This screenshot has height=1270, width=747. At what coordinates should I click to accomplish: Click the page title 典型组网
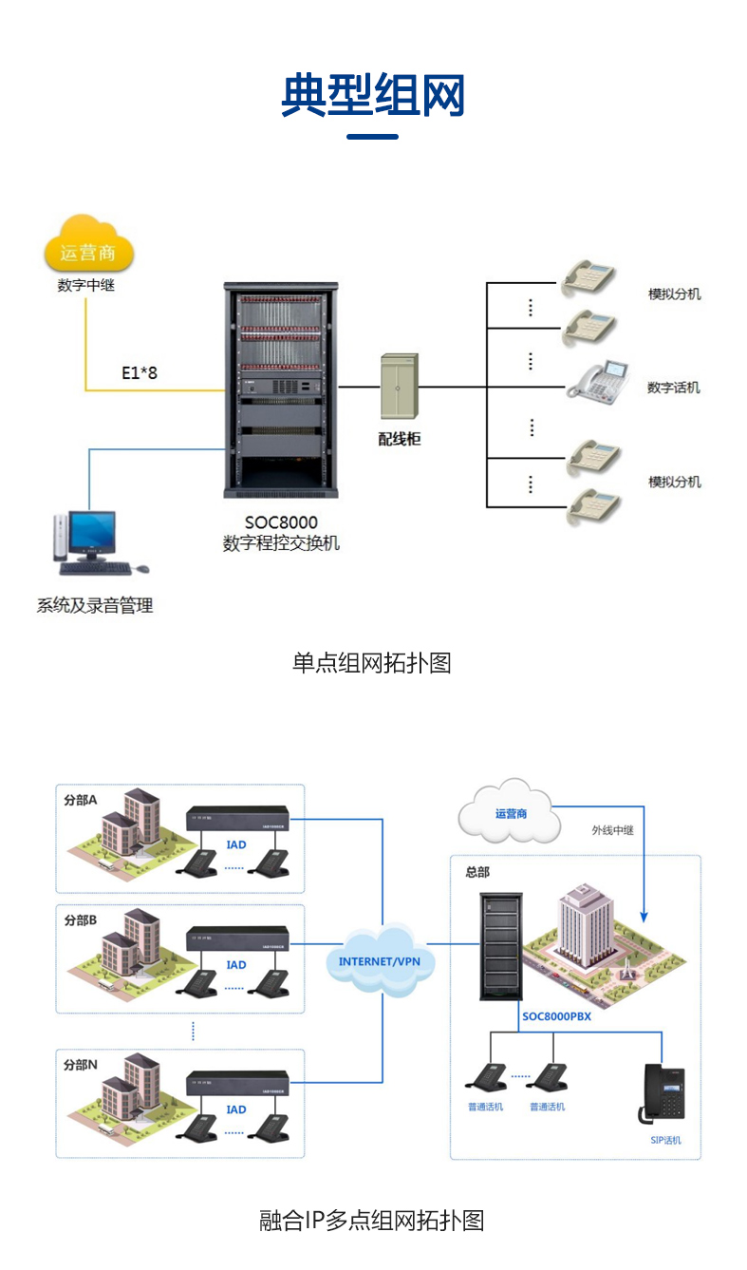pos(373,95)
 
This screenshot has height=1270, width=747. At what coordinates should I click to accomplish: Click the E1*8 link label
pos(140,373)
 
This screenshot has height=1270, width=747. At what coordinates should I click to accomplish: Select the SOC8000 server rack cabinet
pos(280,389)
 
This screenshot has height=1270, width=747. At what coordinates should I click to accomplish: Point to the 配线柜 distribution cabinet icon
pos(399,387)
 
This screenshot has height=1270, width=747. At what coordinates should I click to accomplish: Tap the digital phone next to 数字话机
pos(599,380)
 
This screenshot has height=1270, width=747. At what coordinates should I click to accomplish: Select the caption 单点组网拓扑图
pos(371,662)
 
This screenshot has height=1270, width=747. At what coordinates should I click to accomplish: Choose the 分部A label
pos(81,799)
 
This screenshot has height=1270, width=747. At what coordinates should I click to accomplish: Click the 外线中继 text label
pos(612,830)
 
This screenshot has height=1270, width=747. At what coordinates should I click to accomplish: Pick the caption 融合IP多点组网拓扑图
pos(372,1221)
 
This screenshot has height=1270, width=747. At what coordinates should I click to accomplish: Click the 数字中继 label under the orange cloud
pos(85,285)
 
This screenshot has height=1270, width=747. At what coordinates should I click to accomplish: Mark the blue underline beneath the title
pos(372,137)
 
